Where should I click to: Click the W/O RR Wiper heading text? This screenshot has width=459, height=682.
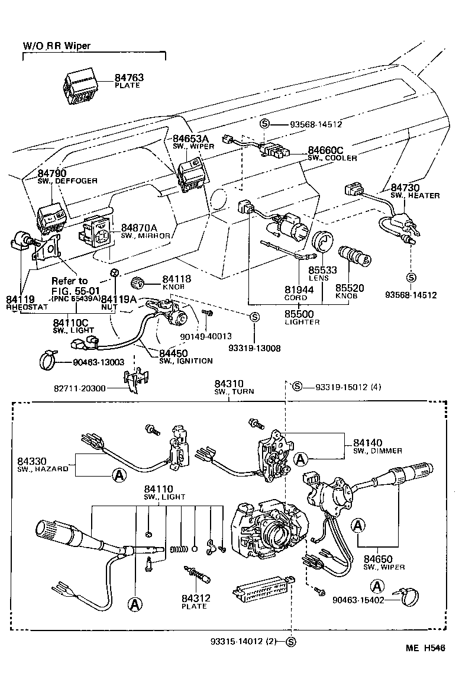tap(57, 46)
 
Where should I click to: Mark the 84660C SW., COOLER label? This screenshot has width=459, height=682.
tap(332, 154)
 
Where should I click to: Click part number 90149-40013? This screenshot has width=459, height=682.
tap(206, 336)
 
